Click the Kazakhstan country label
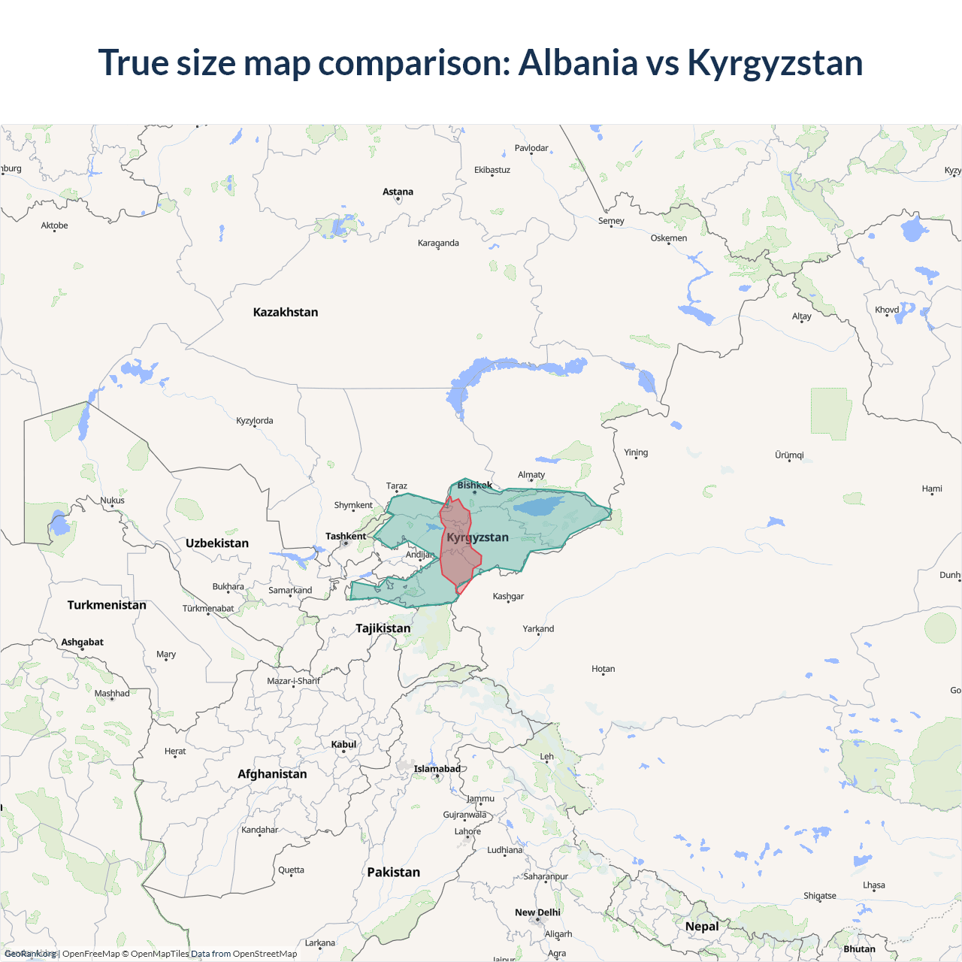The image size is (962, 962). (x=286, y=312)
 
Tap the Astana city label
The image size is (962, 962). (x=398, y=192)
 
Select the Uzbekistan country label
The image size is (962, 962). (x=217, y=543)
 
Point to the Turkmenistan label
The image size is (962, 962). (x=107, y=605)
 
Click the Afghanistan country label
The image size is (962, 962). (x=272, y=774)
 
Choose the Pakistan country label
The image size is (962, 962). (x=393, y=872)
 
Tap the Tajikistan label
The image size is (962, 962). (x=383, y=628)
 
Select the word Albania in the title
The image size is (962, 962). (x=578, y=62)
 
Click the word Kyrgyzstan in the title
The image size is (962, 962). (x=775, y=62)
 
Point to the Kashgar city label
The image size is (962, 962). (x=508, y=596)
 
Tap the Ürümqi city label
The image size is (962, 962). (x=789, y=455)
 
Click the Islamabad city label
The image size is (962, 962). (x=437, y=769)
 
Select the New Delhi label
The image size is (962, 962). (x=537, y=912)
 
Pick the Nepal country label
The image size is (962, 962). (x=702, y=926)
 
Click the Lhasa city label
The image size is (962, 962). (x=873, y=885)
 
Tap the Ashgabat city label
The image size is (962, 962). (x=82, y=642)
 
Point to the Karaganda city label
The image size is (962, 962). (x=438, y=243)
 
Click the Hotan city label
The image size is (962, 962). (x=603, y=669)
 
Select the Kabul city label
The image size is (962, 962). (x=343, y=744)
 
